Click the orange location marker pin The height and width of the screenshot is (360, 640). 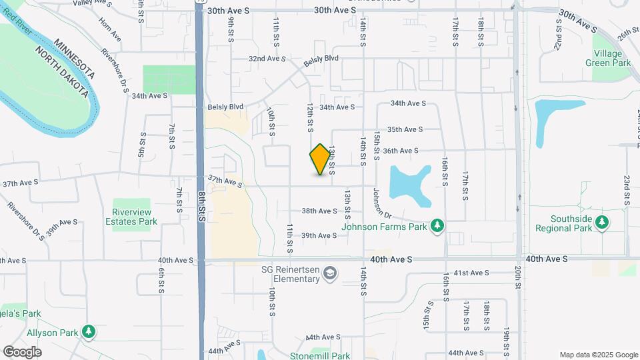[x=321, y=159]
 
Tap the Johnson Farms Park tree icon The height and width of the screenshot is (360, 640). [x=437, y=226]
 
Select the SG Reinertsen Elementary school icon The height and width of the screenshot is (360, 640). [x=329, y=273]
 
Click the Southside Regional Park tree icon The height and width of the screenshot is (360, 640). [x=602, y=222]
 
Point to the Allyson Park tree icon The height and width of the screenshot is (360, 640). [x=87, y=331]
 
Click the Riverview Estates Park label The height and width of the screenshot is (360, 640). [x=135, y=217]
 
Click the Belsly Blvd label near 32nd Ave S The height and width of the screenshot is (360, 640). [x=321, y=59]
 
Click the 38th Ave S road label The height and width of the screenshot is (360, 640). [x=319, y=211]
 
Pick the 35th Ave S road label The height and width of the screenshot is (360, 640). [x=405, y=129]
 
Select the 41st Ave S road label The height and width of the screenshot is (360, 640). [x=471, y=273]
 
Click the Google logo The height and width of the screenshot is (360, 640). [x=22, y=352]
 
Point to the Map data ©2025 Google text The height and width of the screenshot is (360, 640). [x=598, y=355]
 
